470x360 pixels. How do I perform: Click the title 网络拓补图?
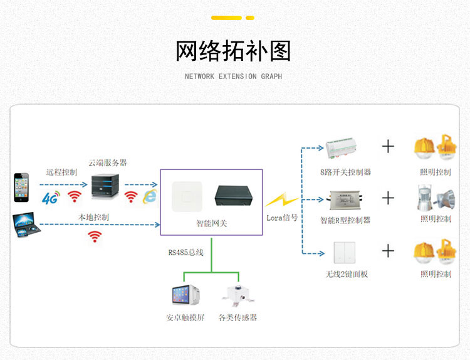click(x=233, y=51)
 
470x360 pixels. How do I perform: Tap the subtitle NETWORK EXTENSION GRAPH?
click(x=233, y=77)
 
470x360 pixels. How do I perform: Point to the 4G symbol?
click(x=50, y=198)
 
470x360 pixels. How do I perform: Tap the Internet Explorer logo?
click(x=150, y=196)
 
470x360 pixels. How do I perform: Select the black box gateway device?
click(x=234, y=195)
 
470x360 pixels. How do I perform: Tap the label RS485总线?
click(x=186, y=253)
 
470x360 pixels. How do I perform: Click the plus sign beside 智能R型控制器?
click(x=389, y=198)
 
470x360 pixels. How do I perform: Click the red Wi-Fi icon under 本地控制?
click(x=95, y=236)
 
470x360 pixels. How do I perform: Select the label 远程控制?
click(x=61, y=172)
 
